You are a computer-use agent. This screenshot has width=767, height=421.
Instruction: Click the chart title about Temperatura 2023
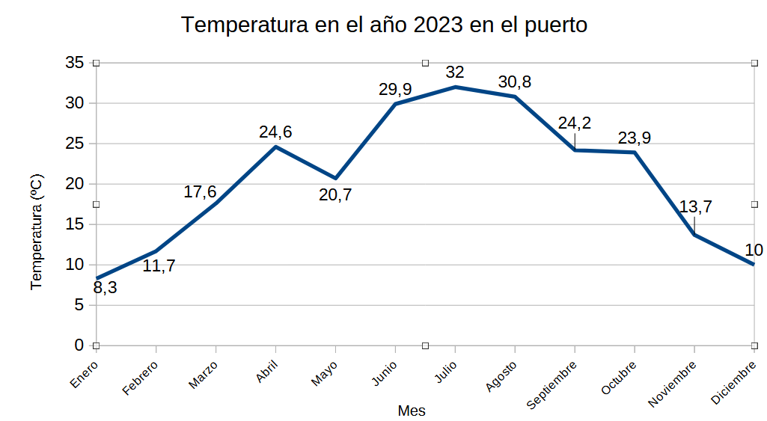tap(384, 25)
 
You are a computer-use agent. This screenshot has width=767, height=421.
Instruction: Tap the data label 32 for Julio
tap(455, 73)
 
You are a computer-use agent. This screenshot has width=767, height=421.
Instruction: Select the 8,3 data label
tap(105, 287)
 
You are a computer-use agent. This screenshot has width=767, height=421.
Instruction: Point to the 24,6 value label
tap(275, 132)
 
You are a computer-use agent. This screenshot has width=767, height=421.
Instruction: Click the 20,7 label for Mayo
tap(334, 195)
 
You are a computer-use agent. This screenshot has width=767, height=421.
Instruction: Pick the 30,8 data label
tap(515, 82)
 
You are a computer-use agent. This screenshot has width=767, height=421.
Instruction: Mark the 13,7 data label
tap(695, 207)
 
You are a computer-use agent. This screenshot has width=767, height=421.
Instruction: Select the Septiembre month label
tap(553, 384)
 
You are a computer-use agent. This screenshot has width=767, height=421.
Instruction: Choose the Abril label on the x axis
tap(267, 372)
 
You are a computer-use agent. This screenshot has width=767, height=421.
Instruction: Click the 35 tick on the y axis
tap(74, 63)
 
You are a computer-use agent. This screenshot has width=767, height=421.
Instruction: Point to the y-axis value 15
tap(74, 224)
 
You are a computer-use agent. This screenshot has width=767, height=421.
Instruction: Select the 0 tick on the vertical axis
tap(79, 345)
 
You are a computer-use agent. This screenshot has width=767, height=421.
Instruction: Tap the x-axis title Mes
tap(412, 411)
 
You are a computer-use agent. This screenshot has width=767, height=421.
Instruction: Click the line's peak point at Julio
tap(455, 87)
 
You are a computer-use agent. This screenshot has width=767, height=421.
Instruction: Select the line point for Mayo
tap(335, 178)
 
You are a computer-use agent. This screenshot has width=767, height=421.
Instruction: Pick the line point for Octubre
tap(635, 153)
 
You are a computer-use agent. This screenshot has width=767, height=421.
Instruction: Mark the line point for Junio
tap(395, 104)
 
